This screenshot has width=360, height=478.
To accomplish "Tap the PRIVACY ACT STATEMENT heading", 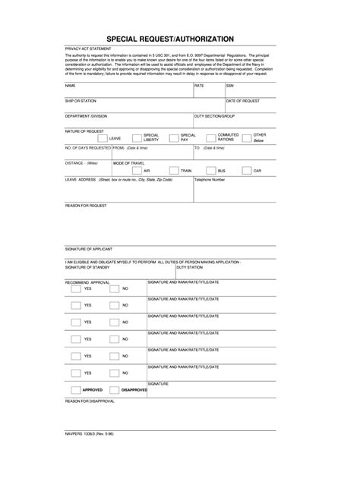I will click(88, 49).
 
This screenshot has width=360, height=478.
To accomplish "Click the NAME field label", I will click(71, 86).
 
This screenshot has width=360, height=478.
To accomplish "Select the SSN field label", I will click(230, 86).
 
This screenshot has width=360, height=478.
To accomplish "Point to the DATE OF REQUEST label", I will click(243, 101).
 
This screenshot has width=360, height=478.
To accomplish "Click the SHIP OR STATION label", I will click(81, 101).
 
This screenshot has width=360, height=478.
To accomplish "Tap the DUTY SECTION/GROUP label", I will click(215, 116).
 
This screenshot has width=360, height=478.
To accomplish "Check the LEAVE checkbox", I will click(103, 139).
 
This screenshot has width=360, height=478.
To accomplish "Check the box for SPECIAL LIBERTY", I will click(137, 139).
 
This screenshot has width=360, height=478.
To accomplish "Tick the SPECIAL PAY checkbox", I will click(174, 139).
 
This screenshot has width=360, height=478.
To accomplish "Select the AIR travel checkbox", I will click(137, 171).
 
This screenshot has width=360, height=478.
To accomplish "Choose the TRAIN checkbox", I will click(174, 171).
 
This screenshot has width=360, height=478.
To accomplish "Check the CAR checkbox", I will click(246, 171).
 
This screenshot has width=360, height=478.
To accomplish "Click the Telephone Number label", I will click(210, 180).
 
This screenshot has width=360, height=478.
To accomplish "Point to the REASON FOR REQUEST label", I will click(86, 206).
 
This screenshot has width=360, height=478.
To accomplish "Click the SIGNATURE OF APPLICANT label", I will click(89, 249).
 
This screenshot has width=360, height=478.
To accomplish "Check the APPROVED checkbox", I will click(75, 389).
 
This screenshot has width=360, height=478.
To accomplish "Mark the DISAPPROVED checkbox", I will click(114, 389).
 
